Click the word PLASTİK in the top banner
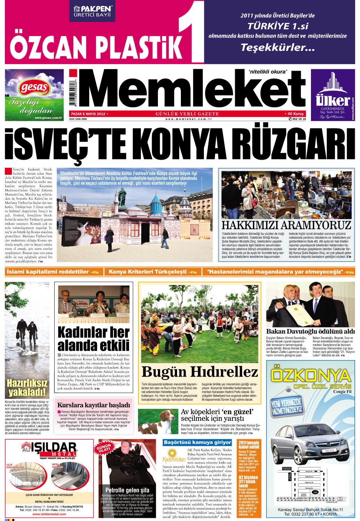(x=139, y=47)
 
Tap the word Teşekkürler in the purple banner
(x=277, y=47)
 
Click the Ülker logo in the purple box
(x=333, y=100)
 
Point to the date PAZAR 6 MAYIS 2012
(x=88, y=114)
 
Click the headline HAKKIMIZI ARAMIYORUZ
(x=286, y=225)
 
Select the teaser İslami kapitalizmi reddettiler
(x=48, y=272)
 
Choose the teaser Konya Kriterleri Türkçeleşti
(x=148, y=272)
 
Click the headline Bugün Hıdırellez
(x=200, y=372)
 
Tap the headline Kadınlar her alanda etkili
(x=94, y=339)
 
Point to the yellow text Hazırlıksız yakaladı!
(x=27, y=388)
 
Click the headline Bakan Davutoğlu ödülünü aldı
(x=310, y=331)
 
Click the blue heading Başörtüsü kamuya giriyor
(x=197, y=442)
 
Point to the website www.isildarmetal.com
(x=49, y=514)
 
